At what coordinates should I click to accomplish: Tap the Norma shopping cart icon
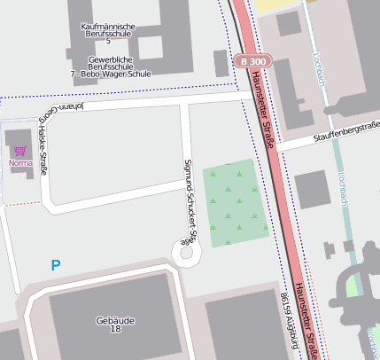pos(20,152)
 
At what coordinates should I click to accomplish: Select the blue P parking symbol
pos(56,265)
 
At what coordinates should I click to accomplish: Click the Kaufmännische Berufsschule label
pos(108,27)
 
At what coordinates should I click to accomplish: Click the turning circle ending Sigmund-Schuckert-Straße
pos(186,253)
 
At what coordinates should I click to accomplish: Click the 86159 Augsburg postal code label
pos(289,319)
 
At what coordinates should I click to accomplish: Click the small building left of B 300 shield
pos(220,63)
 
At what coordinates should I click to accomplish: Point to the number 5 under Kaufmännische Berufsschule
pos(108,41)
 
